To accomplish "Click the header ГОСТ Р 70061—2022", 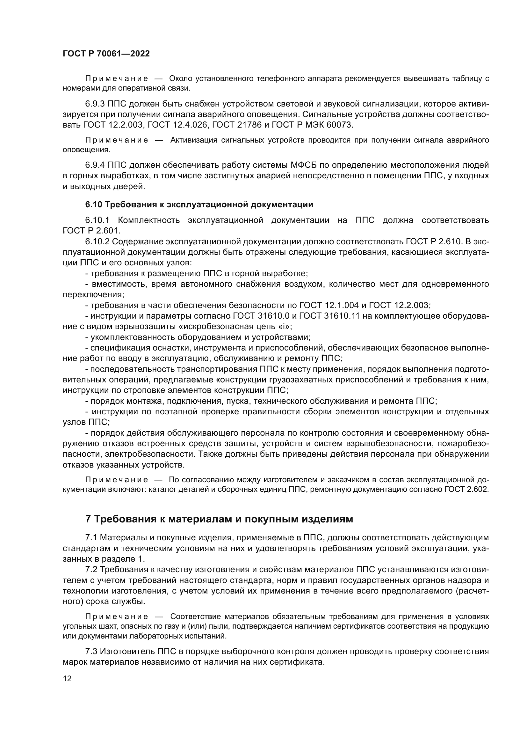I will [x=106, y=54].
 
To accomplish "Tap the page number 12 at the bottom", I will [x=67, y=678].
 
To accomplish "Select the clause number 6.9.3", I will [x=95, y=104].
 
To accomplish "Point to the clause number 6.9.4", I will [x=95, y=165].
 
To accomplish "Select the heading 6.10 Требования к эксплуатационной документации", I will [x=199, y=204].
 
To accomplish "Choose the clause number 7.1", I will [x=91, y=538].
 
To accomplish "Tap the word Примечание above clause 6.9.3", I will [x=117, y=79].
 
